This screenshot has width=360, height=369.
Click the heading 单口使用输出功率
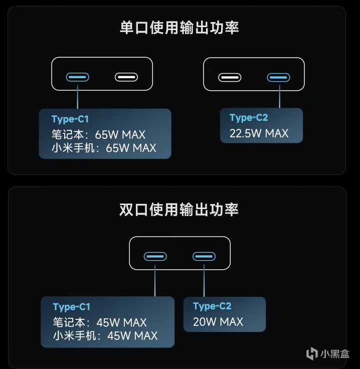tap(179, 27)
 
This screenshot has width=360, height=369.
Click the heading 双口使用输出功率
tap(179, 209)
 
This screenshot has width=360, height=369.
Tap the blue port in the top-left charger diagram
tap(78, 77)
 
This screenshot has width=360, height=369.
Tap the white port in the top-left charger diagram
tap(126, 77)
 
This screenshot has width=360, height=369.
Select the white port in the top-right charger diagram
tap(230, 78)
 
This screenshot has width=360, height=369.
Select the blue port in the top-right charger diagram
tap(278, 78)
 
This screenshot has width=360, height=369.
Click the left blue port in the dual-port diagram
tap(155, 257)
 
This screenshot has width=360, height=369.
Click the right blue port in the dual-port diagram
tap(204, 257)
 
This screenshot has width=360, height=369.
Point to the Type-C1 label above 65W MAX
tap(70, 119)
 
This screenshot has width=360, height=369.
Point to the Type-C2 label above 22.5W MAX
tap(249, 118)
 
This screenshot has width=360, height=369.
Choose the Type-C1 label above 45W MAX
tap(71, 307)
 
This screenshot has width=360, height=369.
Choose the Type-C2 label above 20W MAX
tap(212, 306)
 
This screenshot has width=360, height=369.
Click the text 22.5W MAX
tap(259, 133)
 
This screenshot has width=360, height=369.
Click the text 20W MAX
tap(218, 322)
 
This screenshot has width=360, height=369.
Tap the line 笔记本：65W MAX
tap(98, 135)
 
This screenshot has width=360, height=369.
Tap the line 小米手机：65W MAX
tap(104, 148)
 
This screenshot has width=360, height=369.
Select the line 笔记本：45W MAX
tap(99, 322)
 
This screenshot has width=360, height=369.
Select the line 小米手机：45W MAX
tap(105, 335)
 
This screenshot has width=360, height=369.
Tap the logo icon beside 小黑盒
tap(312, 353)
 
